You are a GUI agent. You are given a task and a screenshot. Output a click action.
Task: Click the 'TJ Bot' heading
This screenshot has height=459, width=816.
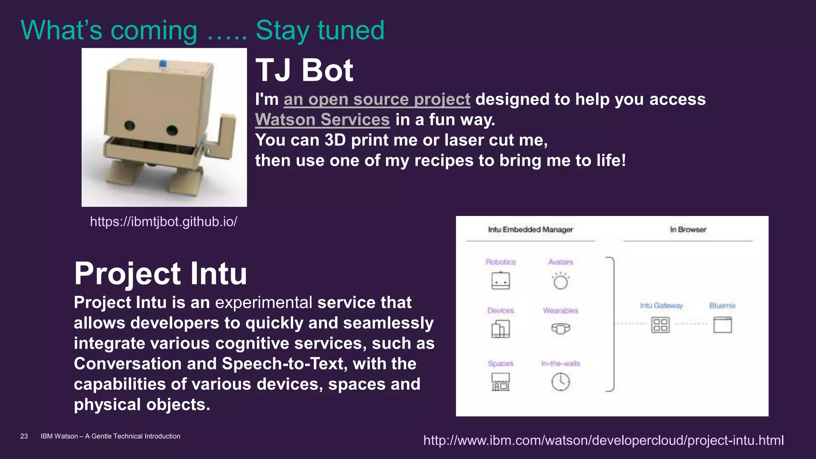click(304, 70)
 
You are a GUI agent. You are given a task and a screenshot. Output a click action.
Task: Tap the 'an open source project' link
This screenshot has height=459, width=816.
click(377, 99)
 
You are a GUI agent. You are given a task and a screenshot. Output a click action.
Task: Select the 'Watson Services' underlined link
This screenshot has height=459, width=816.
click(322, 120)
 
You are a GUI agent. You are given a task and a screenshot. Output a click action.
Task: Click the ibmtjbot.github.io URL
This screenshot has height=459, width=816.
click(163, 222)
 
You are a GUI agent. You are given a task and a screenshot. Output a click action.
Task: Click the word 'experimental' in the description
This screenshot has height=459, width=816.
click(263, 302)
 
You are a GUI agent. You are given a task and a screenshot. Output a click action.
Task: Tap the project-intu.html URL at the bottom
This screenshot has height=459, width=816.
click(603, 440)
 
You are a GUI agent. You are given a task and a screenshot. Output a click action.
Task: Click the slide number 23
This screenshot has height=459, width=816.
click(24, 436)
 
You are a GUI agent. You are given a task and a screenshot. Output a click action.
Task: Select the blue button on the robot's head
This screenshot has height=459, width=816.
click(163, 64)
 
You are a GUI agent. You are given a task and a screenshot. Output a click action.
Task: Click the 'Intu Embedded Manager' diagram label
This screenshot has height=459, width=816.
click(530, 229)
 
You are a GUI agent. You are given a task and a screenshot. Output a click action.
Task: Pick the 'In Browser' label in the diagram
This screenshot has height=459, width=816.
click(688, 229)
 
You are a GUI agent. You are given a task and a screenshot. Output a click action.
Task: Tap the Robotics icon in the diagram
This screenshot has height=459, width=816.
click(500, 281)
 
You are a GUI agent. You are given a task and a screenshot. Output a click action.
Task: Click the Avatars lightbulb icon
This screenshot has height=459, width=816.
click(561, 281)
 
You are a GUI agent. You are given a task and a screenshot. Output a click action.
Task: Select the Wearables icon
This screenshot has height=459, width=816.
click(561, 328)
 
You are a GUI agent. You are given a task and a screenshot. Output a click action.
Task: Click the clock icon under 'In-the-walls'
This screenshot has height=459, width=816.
click(561, 382)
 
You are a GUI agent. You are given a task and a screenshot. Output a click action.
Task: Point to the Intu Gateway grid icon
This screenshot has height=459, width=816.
click(660, 325)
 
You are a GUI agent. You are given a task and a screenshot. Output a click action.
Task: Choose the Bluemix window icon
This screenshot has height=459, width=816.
click(722, 325)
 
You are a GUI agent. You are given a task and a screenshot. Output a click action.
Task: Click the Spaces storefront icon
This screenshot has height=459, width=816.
click(500, 382)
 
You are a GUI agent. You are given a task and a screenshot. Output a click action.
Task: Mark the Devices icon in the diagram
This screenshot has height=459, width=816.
click(500, 329)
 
